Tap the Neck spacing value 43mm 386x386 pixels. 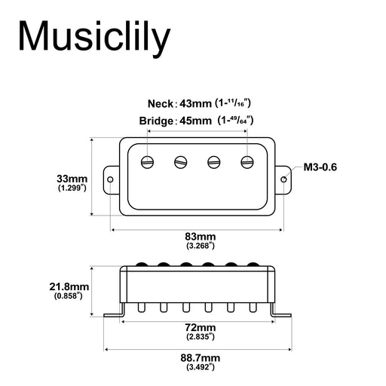tap(195, 103)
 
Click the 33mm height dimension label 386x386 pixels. tap(72, 179)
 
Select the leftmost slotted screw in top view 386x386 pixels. tap(148, 161)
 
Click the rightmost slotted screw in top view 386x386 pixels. tap(247, 161)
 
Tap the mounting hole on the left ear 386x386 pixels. tap(110, 179)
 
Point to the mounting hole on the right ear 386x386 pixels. tap(284, 179)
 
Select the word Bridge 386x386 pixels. tap(156, 121)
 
